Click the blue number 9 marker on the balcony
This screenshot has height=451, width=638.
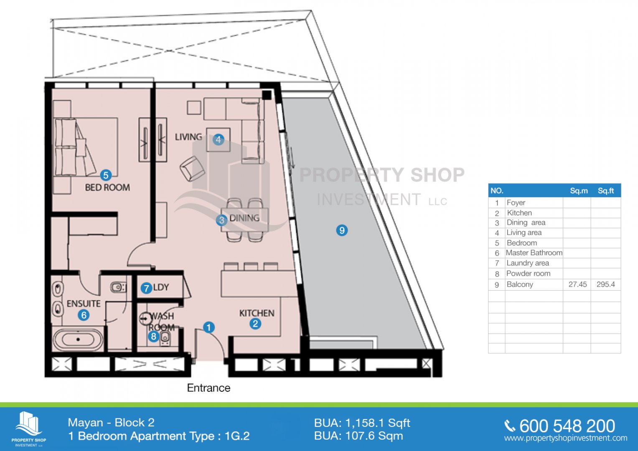coord(342,230)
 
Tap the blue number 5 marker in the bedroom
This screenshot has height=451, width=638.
coord(106,175)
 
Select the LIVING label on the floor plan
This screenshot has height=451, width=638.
coord(188,137)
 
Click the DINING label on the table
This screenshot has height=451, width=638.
coord(244,218)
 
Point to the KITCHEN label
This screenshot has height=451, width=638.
coord(257,313)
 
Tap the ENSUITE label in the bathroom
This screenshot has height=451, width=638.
coord(84,304)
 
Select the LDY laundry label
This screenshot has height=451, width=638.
coord(161,287)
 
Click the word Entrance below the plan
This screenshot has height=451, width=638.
coord(208,388)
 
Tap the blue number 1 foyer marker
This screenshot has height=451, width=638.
coord(209,327)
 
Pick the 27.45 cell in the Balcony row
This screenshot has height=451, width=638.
coord(577,284)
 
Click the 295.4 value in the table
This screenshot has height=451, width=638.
coord(605,284)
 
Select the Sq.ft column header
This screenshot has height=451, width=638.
coord(606,191)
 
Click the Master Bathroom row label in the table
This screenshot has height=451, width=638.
coord(534,253)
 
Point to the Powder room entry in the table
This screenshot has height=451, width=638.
coord(529,274)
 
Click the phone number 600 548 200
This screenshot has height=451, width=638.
coord(567,426)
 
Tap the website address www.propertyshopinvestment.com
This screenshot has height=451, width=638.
coord(566,438)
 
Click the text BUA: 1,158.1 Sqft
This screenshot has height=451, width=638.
coord(362,423)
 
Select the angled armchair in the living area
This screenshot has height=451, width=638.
coord(192,169)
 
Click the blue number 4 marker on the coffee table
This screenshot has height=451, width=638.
coord(219,139)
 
